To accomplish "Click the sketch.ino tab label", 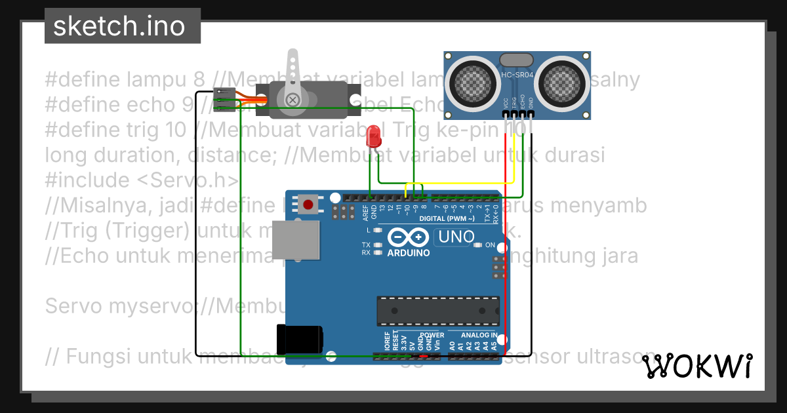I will coord(118,26).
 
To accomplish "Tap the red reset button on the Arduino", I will coord(307,204).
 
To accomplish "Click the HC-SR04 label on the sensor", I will coord(518,75).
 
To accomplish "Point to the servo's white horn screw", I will coord(293,100).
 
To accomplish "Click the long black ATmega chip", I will coord(436,311).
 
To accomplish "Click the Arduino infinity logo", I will coord(408,237).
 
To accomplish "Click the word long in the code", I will coord(67,156).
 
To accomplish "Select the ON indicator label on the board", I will coord(490,245).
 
